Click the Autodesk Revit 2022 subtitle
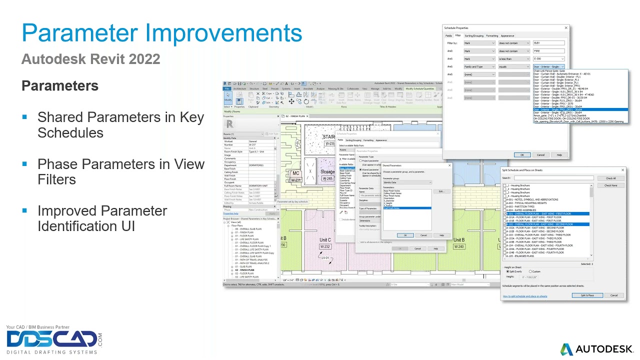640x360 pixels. click(90, 59)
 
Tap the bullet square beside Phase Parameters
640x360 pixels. click(24, 164)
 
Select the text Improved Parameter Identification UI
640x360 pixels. click(102, 218)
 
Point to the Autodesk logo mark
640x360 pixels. click(566, 349)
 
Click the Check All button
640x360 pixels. click(610, 178)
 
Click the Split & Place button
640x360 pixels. click(587, 295)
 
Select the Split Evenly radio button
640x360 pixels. click(508, 271)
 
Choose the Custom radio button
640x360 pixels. click(530, 271)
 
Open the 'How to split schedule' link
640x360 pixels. click(524, 296)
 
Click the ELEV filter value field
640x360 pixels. click(548, 43)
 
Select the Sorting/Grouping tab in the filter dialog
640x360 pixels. click(473, 35)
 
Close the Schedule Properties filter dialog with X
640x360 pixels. click(566, 28)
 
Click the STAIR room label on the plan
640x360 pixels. click(328, 136)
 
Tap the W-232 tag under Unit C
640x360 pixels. click(325, 247)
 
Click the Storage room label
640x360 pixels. click(327, 172)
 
